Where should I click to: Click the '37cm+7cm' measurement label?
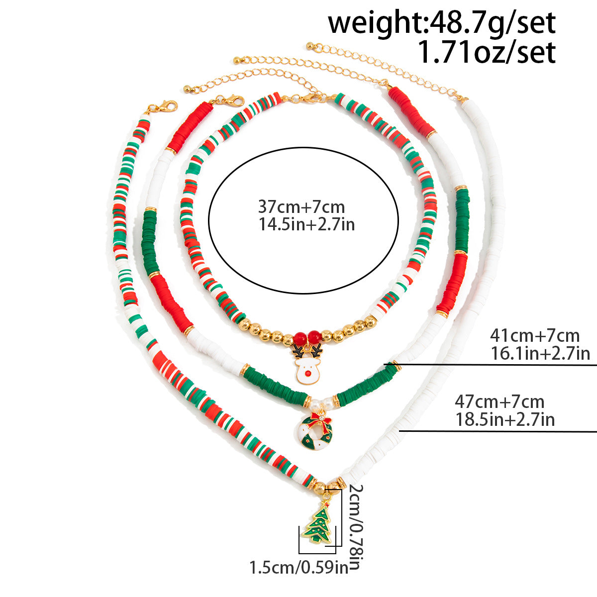point(301,207)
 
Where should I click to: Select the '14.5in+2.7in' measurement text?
point(307,224)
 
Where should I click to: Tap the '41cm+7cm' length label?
point(535,335)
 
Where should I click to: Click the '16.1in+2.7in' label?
point(540,354)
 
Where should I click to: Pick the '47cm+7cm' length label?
point(499,402)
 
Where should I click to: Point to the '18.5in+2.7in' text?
point(505,420)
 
